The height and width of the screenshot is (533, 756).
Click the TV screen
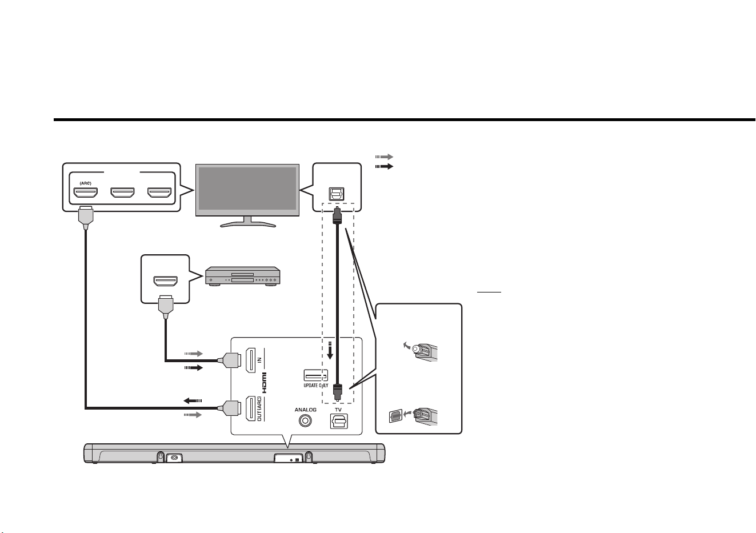click(247, 189)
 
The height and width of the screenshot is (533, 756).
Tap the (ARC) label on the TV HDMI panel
click(85, 183)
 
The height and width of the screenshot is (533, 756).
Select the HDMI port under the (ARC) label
click(86, 193)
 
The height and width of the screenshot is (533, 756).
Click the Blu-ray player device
click(243, 276)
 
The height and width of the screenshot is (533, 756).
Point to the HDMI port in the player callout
click(165, 281)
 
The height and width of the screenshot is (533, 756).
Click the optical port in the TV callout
click(337, 194)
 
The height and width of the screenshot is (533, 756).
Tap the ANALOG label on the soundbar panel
click(306, 410)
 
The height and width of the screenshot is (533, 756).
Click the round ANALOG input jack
click(306, 420)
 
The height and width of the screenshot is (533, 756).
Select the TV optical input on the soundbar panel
click(338, 421)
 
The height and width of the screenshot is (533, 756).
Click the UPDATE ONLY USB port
click(316, 375)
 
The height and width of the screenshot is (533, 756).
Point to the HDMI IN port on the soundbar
click(250, 360)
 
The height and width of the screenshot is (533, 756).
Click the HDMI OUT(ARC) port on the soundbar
click(250, 408)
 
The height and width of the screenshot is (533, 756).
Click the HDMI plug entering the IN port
click(230, 360)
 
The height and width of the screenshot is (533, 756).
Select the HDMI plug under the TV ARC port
click(86, 217)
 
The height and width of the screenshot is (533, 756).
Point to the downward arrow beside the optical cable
click(330, 351)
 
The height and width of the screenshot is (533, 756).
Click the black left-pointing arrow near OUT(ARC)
click(193, 401)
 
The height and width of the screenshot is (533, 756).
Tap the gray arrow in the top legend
click(384, 157)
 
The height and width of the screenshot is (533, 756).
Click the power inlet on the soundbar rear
click(174, 458)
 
